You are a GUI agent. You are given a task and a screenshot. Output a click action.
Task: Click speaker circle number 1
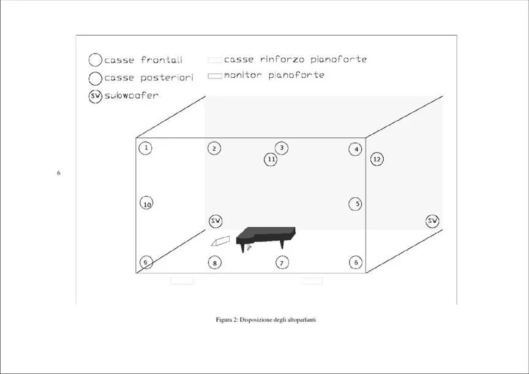point(145,148)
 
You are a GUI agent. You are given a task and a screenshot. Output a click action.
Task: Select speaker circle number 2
point(214,148)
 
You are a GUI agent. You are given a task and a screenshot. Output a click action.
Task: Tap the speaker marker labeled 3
point(282,148)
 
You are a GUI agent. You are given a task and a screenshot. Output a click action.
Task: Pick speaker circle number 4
point(356,149)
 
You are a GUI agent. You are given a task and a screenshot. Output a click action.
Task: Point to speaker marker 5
point(355,204)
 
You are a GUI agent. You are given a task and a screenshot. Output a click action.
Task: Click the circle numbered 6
point(356,262)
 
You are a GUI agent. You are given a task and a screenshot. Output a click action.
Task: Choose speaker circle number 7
point(282,262)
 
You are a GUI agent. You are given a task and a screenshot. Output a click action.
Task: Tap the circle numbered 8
point(215,262)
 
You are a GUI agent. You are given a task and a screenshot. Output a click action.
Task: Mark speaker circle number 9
point(146,262)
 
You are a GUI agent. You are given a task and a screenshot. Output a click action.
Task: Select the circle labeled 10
point(146,203)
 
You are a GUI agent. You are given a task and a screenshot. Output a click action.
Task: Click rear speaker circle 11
point(271,159)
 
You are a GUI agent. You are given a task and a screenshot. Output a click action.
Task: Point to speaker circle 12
point(377,159)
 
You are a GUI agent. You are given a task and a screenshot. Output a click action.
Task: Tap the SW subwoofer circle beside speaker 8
point(216,221)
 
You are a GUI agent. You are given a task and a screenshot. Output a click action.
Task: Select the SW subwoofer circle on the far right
point(432,221)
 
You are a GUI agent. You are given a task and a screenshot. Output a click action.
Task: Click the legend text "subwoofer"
point(131,96)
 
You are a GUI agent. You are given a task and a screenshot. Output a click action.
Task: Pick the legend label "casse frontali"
point(143,60)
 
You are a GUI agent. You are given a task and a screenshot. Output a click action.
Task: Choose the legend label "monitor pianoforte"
point(274,75)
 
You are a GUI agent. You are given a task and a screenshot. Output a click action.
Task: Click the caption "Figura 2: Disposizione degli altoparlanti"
point(266,319)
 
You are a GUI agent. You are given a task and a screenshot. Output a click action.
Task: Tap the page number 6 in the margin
point(59,173)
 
